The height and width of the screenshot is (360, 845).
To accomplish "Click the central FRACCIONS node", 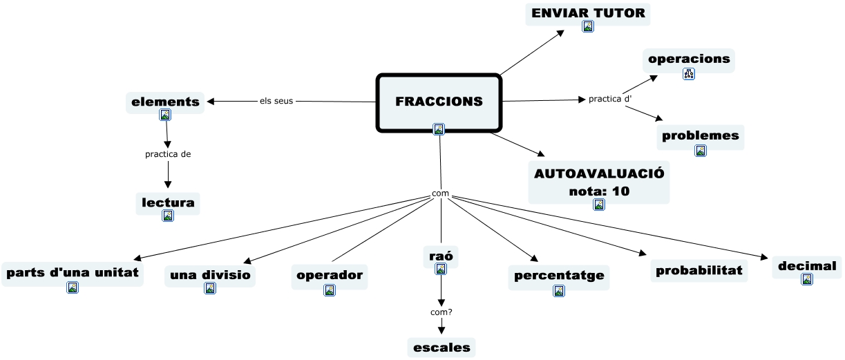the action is coord(439,101).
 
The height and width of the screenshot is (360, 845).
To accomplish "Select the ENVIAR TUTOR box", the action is coord(588,13).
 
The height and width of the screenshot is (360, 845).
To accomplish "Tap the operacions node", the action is coord(689,59).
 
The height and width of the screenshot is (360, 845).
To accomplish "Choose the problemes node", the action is coord(701,135).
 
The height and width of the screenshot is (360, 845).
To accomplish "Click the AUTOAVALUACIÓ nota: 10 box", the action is coord(599,182).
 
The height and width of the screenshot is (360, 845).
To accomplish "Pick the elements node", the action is coord(165,102).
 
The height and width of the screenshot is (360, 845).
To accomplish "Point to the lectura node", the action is coord(168,203).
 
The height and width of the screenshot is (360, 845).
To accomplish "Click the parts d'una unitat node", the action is coord(73,273).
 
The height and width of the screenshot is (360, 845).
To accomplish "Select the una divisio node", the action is coord(210,275).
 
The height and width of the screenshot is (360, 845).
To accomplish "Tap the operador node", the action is coord(330,275).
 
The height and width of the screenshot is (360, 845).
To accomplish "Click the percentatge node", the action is coord(559,275).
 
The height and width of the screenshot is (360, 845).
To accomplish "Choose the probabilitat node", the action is coord(699,270).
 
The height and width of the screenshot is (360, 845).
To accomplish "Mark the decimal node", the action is coord(807,266).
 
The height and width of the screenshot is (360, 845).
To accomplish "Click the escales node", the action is coord(442,347).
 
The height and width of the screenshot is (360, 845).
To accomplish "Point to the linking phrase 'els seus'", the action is coord(276,101).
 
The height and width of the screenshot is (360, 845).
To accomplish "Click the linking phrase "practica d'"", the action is coord(610,99).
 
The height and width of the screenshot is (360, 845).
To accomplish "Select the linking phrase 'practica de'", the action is coord(168,154).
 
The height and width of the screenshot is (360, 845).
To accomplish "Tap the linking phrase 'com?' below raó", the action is coord(442,312).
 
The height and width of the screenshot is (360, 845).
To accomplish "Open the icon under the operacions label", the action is coord(689,73).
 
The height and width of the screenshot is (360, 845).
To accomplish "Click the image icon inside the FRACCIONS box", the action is coord(439,129).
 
